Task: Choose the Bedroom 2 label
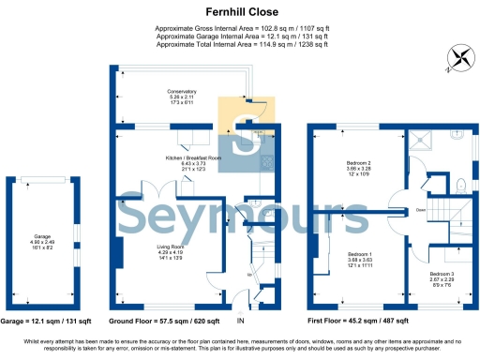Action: click(x=361, y=163)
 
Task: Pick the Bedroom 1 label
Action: click(x=361, y=254)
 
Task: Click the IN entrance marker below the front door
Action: click(x=240, y=322)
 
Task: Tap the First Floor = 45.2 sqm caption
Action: click(x=360, y=322)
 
